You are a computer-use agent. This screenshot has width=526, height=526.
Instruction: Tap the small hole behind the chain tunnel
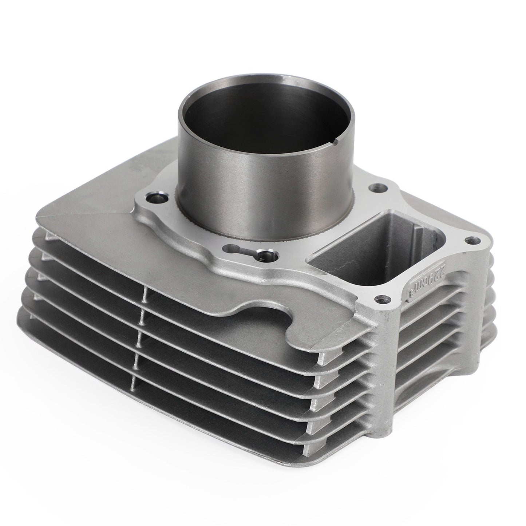pos(374,189)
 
